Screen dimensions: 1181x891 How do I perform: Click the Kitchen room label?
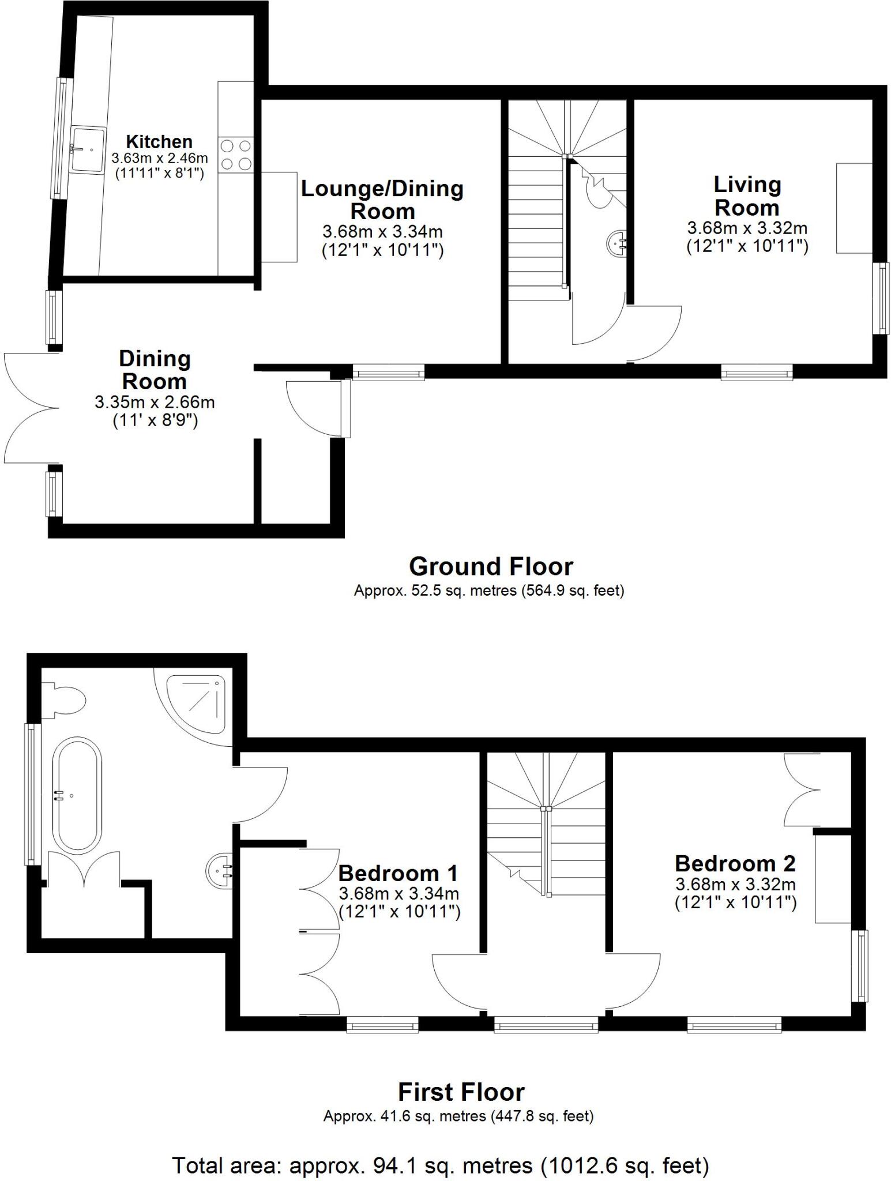click(159, 142)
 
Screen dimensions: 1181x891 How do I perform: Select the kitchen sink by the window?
click(88, 149)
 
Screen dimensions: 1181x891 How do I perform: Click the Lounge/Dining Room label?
click(382, 200)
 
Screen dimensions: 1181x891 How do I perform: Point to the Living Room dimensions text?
click(747, 237)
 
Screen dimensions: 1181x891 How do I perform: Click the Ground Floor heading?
click(491, 566)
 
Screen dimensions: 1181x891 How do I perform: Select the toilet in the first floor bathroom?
click(65, 700)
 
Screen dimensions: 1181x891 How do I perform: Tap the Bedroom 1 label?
click(398, 873)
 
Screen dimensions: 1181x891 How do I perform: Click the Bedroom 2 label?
click(735, 863)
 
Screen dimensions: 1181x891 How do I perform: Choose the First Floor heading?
click(461, 1092)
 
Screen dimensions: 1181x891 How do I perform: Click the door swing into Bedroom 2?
click(634, 980)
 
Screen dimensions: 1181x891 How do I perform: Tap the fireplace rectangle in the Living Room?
click(854, 208)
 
